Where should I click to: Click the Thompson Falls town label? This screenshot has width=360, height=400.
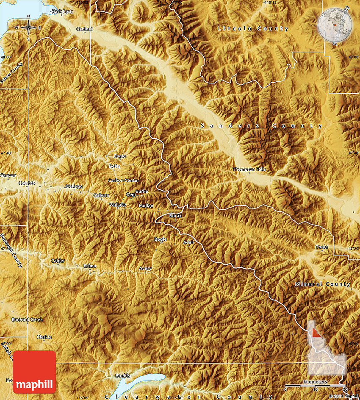tap(249, 169)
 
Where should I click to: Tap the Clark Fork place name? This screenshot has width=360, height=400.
tap(61, 11)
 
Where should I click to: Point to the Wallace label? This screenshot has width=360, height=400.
tap(117, 205)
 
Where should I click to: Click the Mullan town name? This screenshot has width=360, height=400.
tap(146, 206)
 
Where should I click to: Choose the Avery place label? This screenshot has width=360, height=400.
tap(145, 269)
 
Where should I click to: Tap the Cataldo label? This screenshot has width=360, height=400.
tap(27, 183)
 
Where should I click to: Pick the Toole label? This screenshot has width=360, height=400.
tap(321, 247)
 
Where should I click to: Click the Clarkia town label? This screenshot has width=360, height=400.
tap(44, 337)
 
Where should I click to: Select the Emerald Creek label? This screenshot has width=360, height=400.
tap(27, 319)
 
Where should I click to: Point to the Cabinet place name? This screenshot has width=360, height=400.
tap(84, 29)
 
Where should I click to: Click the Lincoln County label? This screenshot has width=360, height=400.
tap(253, 29)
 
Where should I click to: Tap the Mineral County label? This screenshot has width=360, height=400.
tap(323, 284)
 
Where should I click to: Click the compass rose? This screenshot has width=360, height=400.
tap(28, 28)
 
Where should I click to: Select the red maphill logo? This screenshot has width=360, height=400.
tap(34, 372)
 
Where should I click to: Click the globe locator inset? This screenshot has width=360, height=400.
tap(334, 24)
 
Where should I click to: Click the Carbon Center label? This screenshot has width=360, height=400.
tap(123, 181)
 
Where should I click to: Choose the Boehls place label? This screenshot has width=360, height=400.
tap(122, 375)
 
